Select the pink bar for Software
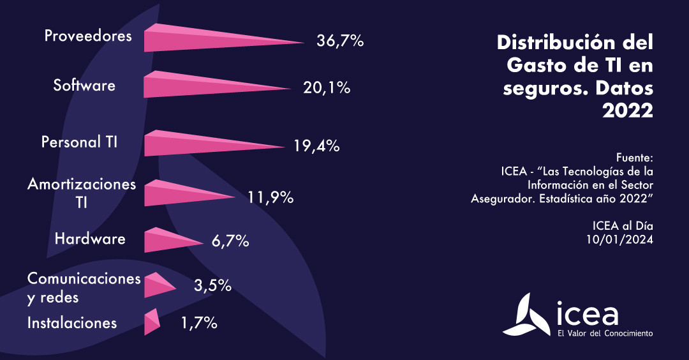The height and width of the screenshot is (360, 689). [x=198, y=85]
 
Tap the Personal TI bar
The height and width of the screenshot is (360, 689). [x=195, y=144]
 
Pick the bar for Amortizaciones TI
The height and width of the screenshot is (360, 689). [x=179, y=193]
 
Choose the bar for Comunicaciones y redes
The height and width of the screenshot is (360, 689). [x=157, y=285]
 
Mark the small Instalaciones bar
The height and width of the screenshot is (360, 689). [x=151, y=322]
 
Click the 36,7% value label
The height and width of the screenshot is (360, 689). [x=340, y=41]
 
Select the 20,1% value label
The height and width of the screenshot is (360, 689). [x=327, y=87]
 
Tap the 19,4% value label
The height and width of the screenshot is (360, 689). [x=316, y=146]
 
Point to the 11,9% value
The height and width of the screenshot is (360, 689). [x=270, y=197]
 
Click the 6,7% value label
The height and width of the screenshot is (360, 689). [x=229, y=242]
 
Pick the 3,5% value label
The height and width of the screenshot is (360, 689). [x=212, y=285]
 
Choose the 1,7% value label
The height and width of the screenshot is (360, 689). [x=199, y=324]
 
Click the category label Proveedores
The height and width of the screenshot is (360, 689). [x=88, y=36]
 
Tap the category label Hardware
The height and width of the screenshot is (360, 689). [x=90, y=239]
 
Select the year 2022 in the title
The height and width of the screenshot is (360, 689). [x=628, y=110]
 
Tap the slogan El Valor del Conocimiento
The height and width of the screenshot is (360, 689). [x=604, y=333]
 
